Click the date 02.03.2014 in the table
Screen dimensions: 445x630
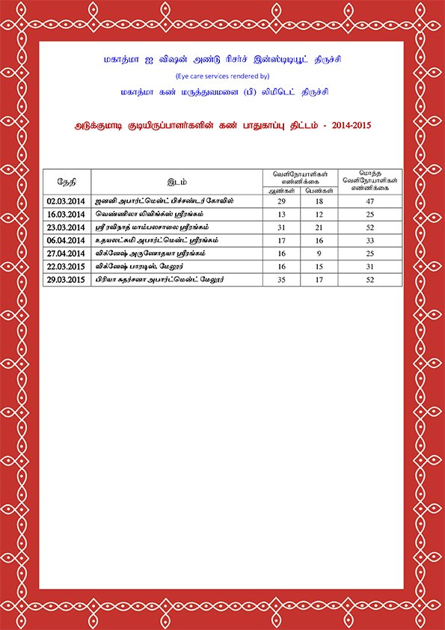click(66, 201)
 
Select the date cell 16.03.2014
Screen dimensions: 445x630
click(66, 215)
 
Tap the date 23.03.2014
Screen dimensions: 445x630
click(66, 227)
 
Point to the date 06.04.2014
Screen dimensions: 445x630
click(66, 241)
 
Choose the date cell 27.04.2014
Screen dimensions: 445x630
click(66, 254)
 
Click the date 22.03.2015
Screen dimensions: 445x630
click(66, 266)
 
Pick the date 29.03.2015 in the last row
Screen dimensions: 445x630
click(66, 279)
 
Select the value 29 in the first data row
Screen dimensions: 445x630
click(282, 201)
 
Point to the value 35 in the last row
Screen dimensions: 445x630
click(282, 279)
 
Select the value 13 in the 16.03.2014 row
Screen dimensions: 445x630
click(282, 215)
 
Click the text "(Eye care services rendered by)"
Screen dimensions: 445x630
click(222, 76)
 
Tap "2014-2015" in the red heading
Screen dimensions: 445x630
click(346, 126)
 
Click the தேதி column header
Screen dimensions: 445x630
click(66, 182)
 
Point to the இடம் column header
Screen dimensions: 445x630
click(177, 182)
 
